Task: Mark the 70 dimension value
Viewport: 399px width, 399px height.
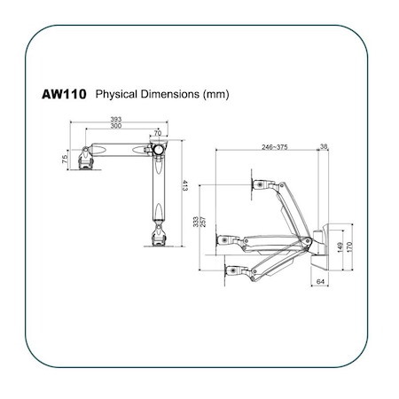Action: pyautogui.click(x=159, y=133)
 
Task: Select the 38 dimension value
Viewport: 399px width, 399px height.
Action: pyautogui.click(x=324, y=146)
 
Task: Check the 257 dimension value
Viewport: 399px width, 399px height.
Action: pyautogui.click(x=206, y=223)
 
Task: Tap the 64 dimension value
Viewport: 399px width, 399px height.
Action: pyautogui.click(x=320, y=282)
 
